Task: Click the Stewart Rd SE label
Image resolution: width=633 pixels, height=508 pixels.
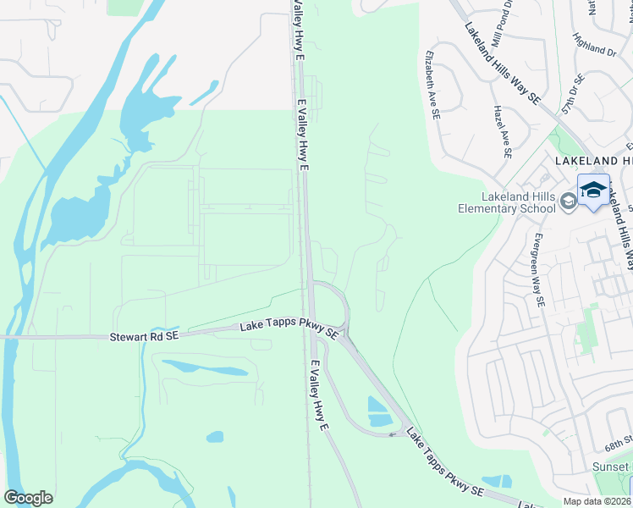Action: pyautogui.click(x=144, y=337)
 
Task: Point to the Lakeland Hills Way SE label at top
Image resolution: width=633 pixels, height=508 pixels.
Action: pyautogui.click(x=501, y=62)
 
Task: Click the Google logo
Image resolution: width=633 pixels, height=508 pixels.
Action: pyautogui.click(x=28, y=498)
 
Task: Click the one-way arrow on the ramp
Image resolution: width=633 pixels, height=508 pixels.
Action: pyautogui.click(x=392, y=435)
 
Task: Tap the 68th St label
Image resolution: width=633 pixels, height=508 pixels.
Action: pyautogui.click(x=619, y=444)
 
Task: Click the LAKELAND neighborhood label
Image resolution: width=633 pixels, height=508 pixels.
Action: pyautogui.click(x=593, y=160)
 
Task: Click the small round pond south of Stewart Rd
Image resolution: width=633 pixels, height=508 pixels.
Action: pyautogui.click(x=215, y=437)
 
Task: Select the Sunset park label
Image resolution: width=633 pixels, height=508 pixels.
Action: pyautogui.click(x=615, y=467)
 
